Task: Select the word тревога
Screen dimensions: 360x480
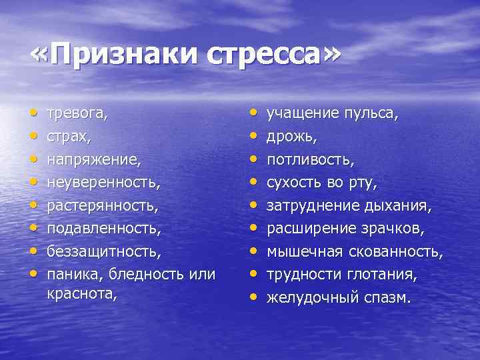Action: [76, 114]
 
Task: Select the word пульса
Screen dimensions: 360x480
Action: [371, 114]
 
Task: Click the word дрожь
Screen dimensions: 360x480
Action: [292, 137]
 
